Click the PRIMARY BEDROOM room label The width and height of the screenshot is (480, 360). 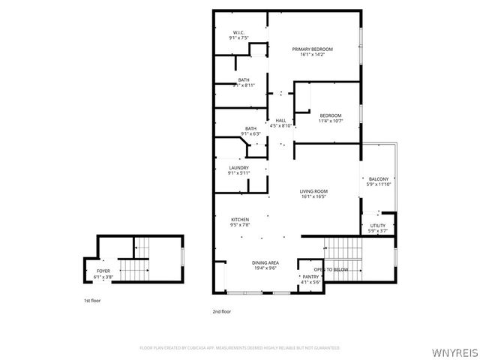pos(312,49)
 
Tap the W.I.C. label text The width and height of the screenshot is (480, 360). pos(238,32)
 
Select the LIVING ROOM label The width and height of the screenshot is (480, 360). pos(313,191)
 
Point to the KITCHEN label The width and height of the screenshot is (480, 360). pos(240,219)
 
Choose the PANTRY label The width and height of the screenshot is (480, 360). pos(310,277)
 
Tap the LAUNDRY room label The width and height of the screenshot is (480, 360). pos(239,167)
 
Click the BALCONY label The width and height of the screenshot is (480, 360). pos(377,179)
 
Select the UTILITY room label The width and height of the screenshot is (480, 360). pos(377,225)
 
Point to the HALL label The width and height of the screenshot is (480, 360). pos(280,121)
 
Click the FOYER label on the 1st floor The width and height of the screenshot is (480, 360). pos(103,271)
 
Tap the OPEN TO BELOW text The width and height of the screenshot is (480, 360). pos(331,269)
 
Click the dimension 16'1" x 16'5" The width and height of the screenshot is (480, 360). pos(313,197)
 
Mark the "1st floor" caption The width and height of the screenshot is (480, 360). pos(91,301)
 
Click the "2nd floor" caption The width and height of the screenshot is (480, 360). pos(221,310)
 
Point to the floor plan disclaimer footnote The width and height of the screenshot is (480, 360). pos(240,348)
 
